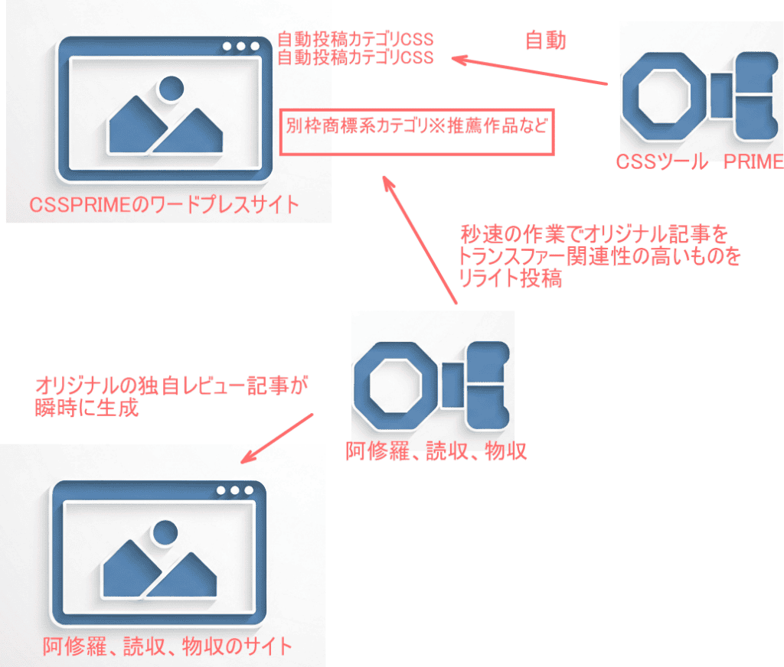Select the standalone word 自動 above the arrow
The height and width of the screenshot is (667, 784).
(545, 41)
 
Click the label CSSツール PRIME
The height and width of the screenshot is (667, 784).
(700, 161)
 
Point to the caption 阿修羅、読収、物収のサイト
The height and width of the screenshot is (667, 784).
(168, 646)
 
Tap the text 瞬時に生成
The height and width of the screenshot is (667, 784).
(87, 408)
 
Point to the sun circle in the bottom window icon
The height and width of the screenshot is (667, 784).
(162, 533)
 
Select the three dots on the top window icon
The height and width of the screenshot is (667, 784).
(240, 47)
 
